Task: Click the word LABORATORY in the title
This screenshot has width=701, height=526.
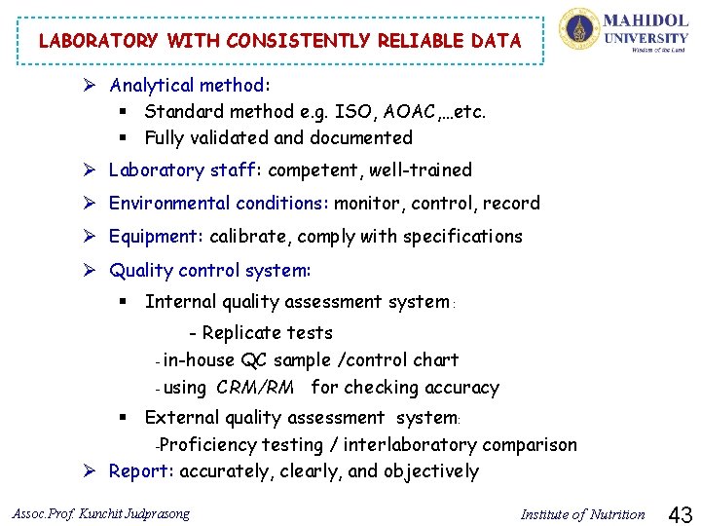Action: tap(97, 41)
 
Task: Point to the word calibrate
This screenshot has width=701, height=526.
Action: tap(249, 237)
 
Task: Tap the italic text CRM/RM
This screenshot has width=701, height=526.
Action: tap(255, 388)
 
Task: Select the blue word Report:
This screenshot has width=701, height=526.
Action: tap(142, 472)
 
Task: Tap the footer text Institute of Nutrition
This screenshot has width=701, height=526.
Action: tap(582, 514)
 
